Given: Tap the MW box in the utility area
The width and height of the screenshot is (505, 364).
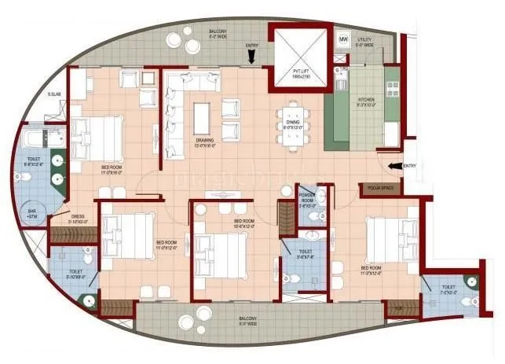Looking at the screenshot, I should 343,39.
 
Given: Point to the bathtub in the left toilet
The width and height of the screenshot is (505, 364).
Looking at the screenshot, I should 34,142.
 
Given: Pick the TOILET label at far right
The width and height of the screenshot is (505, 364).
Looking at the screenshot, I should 448,288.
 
